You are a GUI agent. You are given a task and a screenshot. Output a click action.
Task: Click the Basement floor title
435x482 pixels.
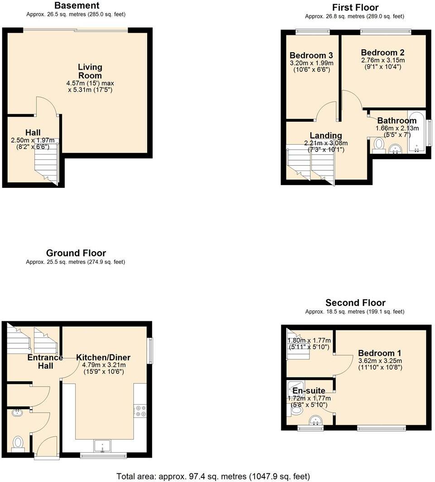click(x=76, y=6)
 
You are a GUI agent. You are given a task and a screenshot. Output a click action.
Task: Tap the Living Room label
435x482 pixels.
click(x=90, y=72)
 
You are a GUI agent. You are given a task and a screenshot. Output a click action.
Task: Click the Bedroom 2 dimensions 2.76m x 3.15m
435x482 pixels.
click(x=383, y=60)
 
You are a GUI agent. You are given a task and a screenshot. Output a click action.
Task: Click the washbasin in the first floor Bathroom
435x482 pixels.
click(x=396, y=148)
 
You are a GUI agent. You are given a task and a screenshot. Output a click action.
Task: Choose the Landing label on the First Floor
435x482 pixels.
click(x=326, y=135)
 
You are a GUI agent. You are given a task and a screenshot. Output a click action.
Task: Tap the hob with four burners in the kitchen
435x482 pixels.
click(x=140, y=410)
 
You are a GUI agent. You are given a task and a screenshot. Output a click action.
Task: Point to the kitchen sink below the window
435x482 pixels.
click(x=103, y=446)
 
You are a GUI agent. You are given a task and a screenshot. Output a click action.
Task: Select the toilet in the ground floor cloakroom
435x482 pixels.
click(x=19, y=443)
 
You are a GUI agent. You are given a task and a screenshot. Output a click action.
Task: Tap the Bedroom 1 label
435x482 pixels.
click(x=380, y=353)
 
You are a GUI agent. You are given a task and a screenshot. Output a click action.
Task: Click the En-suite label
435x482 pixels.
click(x=309, y=391)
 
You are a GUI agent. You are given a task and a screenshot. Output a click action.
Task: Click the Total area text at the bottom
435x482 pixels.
click(x=213, y=476)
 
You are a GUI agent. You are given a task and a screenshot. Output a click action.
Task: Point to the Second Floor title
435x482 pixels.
click(x=355, y=303)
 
